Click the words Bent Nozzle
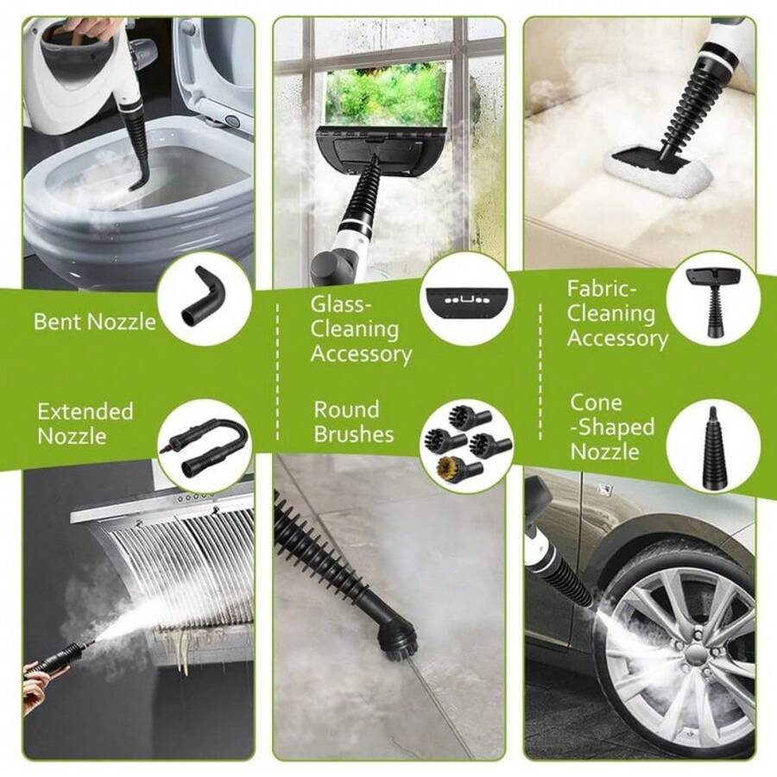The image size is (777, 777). click(x=95, y=322)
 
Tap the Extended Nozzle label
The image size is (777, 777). click(x=85, y=423)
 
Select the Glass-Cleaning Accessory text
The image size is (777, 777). click(x=361, y=329)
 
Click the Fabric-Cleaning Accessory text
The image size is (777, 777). click(x=617, y=313)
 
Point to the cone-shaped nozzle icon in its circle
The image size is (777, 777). click(x=711, y=445)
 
